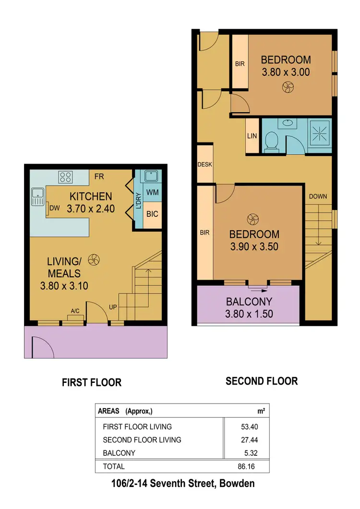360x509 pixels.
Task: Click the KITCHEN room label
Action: [x=91, y=196]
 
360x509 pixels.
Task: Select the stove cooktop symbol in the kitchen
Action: [x=65, y=178]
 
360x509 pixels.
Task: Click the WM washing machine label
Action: [x=152, y=192]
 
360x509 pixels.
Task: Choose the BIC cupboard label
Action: [x=152, y=213]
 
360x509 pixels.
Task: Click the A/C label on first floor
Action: [x=75, y=311]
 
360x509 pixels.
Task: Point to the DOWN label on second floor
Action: [x=318, y=196]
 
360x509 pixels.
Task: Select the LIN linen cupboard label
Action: [x=252, y=136]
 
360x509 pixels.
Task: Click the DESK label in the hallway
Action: [x=205, y=165]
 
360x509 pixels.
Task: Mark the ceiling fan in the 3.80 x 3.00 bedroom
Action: [x=288, y=87]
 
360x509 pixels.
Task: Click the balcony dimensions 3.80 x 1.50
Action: [x=249, y=314]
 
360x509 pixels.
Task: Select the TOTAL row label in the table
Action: [x=113, y=466]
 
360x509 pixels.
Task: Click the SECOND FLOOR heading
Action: [x=262, y=381]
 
